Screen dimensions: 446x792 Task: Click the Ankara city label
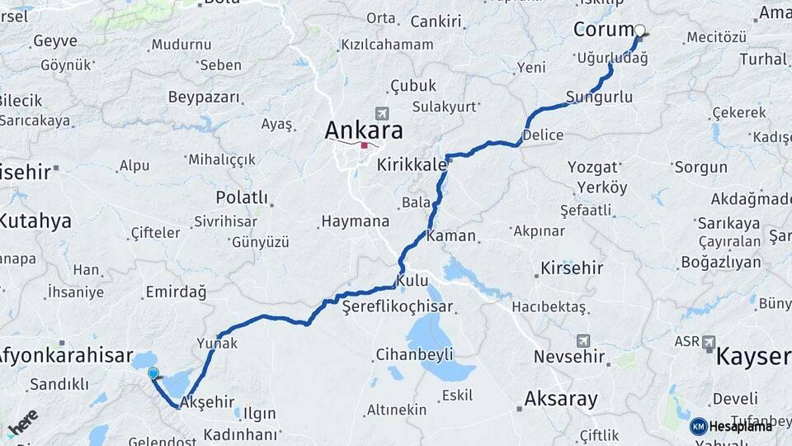coord(364,130)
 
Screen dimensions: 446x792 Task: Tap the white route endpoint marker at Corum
coord(639,31)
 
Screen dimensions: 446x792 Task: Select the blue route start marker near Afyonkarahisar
coord(153,373)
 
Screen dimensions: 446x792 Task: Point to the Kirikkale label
coord(411,165)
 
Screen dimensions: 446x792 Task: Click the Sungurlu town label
coord(600,97)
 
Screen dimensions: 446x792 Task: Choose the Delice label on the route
coord(543,135)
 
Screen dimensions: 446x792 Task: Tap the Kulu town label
coord(412,282)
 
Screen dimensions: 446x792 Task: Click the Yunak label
coord(217,342)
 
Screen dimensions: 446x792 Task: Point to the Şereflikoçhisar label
coord(398,306)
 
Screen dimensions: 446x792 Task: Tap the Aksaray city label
coord(561,399)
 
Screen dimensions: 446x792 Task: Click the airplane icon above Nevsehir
coord(583,339)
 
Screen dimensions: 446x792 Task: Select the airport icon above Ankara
coord(380,113)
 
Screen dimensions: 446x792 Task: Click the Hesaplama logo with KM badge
coord(730,426)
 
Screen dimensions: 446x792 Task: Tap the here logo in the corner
coord(22,424)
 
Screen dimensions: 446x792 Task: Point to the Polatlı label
coord(242,197)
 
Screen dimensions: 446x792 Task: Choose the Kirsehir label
coord(571,268)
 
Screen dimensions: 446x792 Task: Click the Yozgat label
coord(592,167)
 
